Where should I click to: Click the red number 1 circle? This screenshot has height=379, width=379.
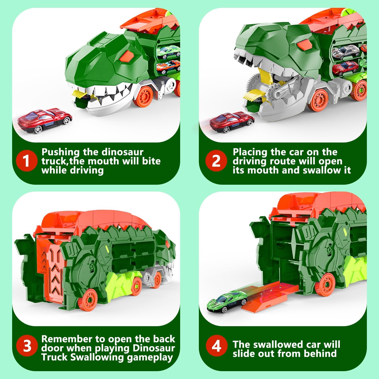pyautogui.click(x=26, y=161)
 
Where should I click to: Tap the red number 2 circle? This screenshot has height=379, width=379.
pyautogui.click(x=216, y=161)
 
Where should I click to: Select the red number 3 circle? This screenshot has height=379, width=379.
pyautogui.click(x=26, y=346)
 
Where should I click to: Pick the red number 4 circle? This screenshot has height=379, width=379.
pyautogui.click(x=216, y=346)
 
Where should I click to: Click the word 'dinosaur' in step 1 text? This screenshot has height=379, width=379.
pyautogui.click(x=123, y=152)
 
